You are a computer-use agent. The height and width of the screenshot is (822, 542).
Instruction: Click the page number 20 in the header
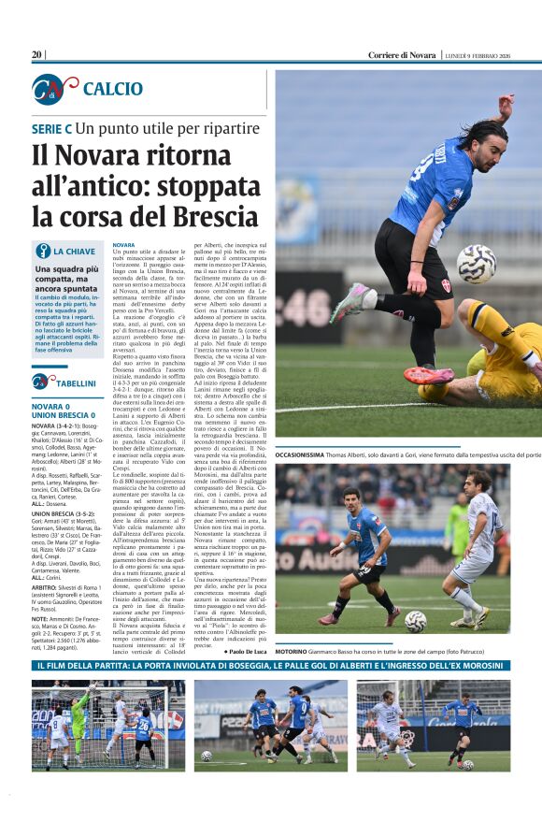(x=37, y=54)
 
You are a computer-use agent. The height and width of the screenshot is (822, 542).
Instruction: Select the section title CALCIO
(x=112, y=89)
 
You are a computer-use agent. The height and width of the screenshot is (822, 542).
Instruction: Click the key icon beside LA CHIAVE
(x=42, y=251)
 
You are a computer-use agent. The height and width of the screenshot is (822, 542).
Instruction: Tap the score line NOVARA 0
(x=51, y=407)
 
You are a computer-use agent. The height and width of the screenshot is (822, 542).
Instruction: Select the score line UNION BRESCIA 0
(x=63, y=415)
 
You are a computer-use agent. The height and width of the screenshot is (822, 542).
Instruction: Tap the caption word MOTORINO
(x=295, y=652)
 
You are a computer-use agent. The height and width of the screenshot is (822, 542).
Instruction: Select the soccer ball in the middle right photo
(x=416, y=621)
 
